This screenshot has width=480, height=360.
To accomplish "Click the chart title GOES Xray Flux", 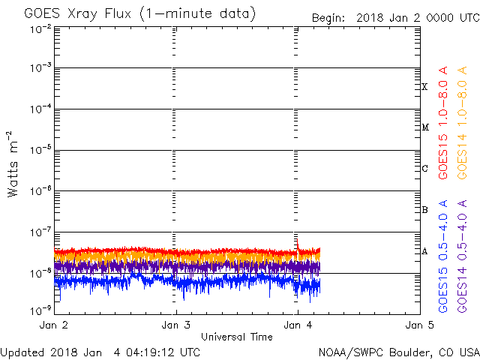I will click(x=139, y=14).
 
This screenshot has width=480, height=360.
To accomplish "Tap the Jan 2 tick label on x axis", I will click(x=54, y=325).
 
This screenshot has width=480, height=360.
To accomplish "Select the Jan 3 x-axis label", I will click(x=175, y=325).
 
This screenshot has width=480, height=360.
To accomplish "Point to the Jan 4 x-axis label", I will click(x=297, y=325).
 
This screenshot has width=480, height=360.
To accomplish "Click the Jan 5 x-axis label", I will click(x=418, y=325).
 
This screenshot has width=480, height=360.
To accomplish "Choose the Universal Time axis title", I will click(x=236, y=337).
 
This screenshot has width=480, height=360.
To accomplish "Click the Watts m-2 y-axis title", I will click(x=13, y=163).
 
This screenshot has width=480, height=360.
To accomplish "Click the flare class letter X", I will click(x=424, y=87).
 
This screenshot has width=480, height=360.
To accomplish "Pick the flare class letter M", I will click(x=424, y=127).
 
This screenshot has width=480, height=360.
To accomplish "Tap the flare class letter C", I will click(x=424, y=169).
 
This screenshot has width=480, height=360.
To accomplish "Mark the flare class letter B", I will click(x=424, y=210).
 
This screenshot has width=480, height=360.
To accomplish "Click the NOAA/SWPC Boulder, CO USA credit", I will click(x=398, y=351).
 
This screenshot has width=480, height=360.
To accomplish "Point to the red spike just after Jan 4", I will click(x=298, y=243).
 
